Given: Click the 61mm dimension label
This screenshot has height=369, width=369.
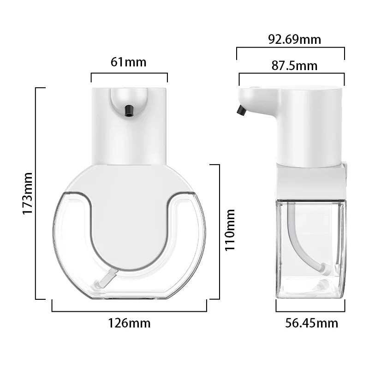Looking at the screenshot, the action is click(x=129, y=61).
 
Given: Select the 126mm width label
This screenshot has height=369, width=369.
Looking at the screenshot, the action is click(x=129, y=322).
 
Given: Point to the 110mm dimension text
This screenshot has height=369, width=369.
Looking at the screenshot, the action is click(x=230, y=229).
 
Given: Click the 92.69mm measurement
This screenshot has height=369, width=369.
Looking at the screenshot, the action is click(x=294, y=39).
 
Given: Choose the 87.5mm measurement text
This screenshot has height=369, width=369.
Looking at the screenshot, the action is click(x=294, y=65).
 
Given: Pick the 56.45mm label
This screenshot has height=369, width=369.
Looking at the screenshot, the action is click(x=311, y=323).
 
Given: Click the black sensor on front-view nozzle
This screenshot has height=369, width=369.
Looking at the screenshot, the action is click(x=129, y=110).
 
